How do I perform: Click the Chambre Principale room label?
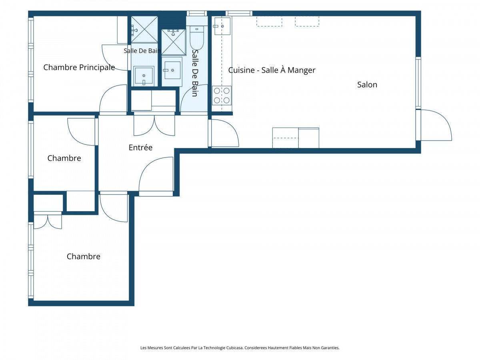(x=79, y=67)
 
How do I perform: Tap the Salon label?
(x=367, y=84)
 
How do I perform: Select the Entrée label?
(x=140, y=147)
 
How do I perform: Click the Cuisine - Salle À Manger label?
(x=272, y=70)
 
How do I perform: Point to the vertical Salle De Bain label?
(x=195, y=73)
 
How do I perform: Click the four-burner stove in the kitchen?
(x=222, y=96)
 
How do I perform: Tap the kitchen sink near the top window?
(x=222, y=26)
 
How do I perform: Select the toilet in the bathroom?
(x=197, y=37)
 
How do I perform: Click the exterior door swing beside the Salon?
(x=436, y=125)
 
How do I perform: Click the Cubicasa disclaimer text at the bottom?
(x=240, y=348)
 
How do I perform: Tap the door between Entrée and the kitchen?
(x=224, y=133)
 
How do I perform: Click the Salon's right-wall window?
(x=418, y=83)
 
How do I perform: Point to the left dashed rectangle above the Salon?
(x=269, y=22)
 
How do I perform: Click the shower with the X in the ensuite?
(x=144, y=29)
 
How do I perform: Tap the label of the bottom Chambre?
(x=83, y=256)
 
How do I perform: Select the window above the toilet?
(x=197, y=13)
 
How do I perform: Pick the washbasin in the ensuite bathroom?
(x=144, y=76)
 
